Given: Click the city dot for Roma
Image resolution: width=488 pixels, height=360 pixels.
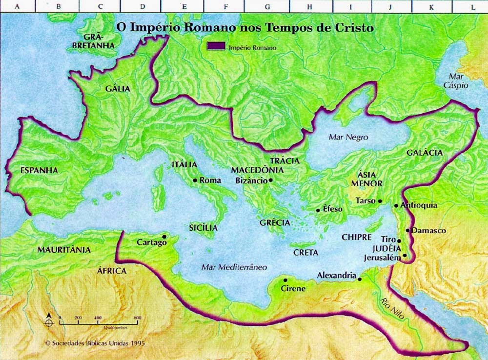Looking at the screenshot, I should [x=195, y=180].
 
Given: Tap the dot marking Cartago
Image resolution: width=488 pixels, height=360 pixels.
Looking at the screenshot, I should [x=164, y=237].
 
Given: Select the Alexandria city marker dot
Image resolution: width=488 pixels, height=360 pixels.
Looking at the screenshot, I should [x=360, y=279].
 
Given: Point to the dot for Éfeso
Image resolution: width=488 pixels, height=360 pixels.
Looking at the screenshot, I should [x=318, y=210].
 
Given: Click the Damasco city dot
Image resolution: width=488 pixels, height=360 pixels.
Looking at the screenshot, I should [x=407, y=230].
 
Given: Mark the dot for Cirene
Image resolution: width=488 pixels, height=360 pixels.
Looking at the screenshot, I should [x=285, y=280].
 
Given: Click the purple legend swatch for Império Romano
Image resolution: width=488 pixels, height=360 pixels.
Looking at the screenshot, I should [x=215, y=47].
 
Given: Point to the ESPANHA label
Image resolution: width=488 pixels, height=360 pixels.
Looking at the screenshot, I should [x=40, y=170].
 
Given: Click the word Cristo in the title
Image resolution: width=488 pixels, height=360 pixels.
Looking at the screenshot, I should [x=355, y=28].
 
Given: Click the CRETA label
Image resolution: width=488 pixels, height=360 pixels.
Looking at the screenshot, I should [x=305, y=253].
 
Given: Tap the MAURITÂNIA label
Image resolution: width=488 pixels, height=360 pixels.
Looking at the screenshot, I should [x=64, y=249].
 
